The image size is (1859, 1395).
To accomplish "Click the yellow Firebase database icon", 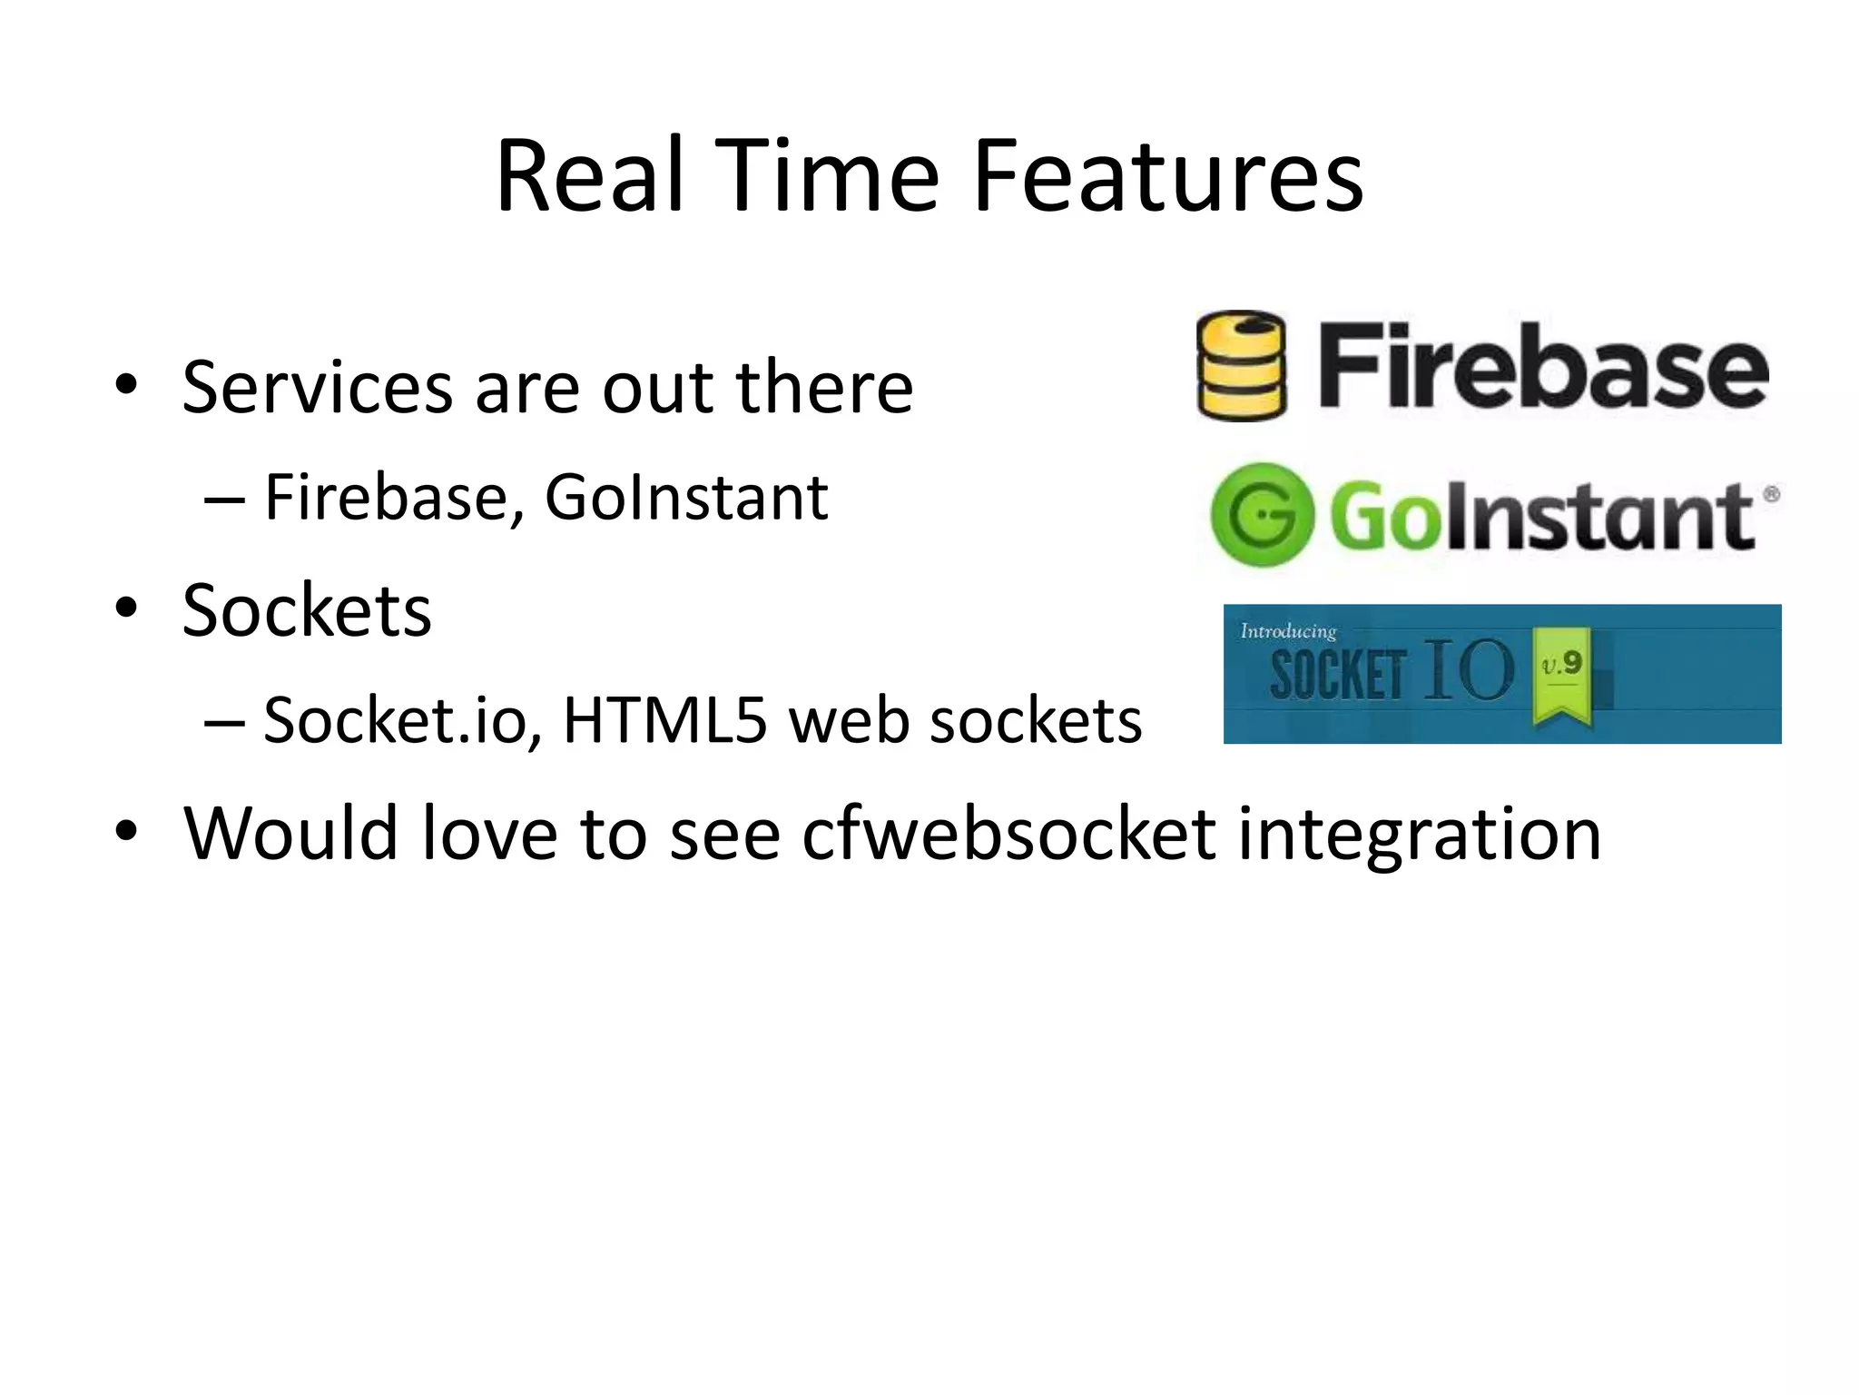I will (1241, 365).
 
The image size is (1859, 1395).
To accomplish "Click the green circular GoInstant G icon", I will (1262, 515).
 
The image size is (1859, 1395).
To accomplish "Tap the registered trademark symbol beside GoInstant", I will (1771, 495).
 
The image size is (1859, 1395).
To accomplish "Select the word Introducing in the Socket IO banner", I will (1288, 631).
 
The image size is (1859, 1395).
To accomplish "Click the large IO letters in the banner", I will (1468, 670).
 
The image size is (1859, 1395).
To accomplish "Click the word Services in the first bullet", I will (317, 388).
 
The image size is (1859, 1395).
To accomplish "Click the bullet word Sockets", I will (307, 610).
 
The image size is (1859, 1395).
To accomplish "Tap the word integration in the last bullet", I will (1420, 835).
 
